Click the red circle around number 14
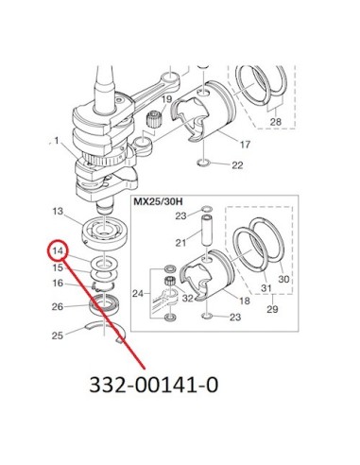click(x=49, y=250)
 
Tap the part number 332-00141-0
click(x=154, y=385)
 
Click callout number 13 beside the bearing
click(x=58, y=211)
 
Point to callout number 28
click(x=276, y=121)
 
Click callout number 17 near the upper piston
click(x=245, y=145)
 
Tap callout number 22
click(x=237, y=165)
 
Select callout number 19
click(x=167, y=99)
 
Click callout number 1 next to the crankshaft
click(x=57, y=141)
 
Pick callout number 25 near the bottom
click(x=58, y=336)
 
